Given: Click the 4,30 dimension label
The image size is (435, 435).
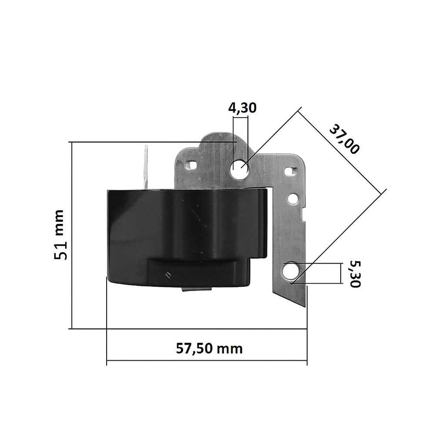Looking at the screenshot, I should coord(242,108).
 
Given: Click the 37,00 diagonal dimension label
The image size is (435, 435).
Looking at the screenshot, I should coord(344,139).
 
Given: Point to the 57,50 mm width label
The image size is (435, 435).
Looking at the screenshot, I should coord(209,348).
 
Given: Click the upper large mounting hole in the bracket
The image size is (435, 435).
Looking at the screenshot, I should coord(240,169).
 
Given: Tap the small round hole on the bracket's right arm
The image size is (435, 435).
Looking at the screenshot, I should coord(294,200).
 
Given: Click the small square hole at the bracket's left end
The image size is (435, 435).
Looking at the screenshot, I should coord(191,165).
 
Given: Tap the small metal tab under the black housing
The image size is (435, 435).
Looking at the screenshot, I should coord(196,289).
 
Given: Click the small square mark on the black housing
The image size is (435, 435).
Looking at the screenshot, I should coord(168,274).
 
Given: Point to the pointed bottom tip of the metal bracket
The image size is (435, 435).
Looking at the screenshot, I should coord(303,304).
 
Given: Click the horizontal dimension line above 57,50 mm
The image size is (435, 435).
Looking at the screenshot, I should coord(207,361).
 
